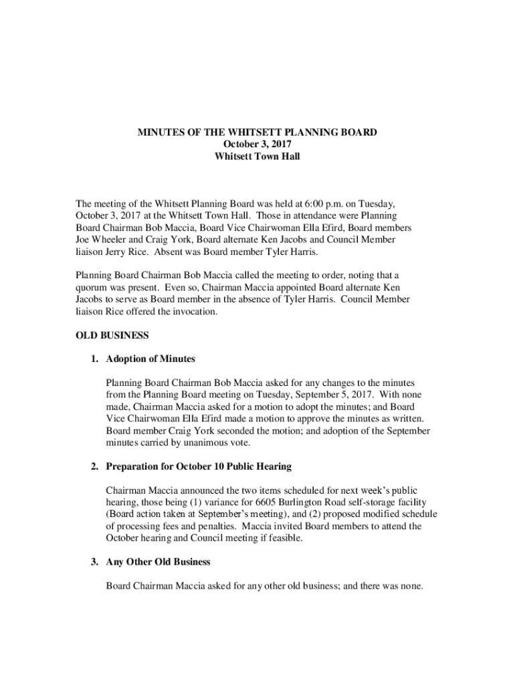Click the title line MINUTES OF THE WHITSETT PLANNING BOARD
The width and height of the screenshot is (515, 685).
(x=257, y=132)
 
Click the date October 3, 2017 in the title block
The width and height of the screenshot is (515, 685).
(x=257, y=144)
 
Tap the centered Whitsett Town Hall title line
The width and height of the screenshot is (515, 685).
(x=257, y=157)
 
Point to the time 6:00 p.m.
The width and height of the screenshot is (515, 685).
(x=323, y=203)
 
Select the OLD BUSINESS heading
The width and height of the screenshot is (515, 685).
(x=112, y=334)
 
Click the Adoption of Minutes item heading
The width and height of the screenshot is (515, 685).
(x=150, y=359)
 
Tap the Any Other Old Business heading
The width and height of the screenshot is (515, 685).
(x=158, y=562)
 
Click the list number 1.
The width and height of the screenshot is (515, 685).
(x=96, y=359)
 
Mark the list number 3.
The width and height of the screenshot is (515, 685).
(x=96, y=562)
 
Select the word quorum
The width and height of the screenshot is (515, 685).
(x=93, y=288)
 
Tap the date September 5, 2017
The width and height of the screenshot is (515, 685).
(x=328, y=395)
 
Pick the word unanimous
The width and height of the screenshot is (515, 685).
(x=186, y=443)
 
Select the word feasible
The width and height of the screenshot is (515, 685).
(x=285, y=539)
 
